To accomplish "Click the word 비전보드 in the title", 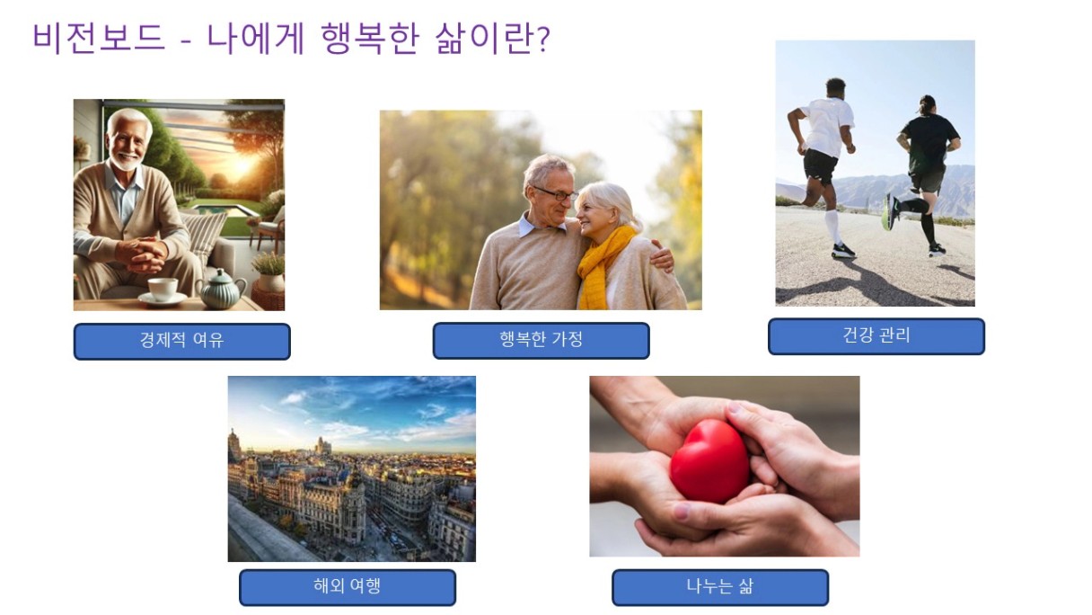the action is (x=100, y=38).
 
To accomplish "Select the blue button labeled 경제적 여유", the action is (x=181, y=341).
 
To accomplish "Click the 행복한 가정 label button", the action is (x=542, y=340).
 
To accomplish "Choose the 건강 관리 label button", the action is (x=876, y=336).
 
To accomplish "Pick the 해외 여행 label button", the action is (x=348, y=587).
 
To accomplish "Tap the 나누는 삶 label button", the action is (x=720, y=587).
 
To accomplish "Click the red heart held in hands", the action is (x=709, y=460).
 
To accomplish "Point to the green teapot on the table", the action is (x=221, y=290).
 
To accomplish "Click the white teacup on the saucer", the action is (x=163, y=289).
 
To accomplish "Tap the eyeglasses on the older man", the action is (x=556, y=194).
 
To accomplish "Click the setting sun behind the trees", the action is (x=242, y=165).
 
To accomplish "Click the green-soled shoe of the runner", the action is (x=889, y=212).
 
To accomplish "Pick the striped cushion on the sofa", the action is (x=203, y=236).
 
